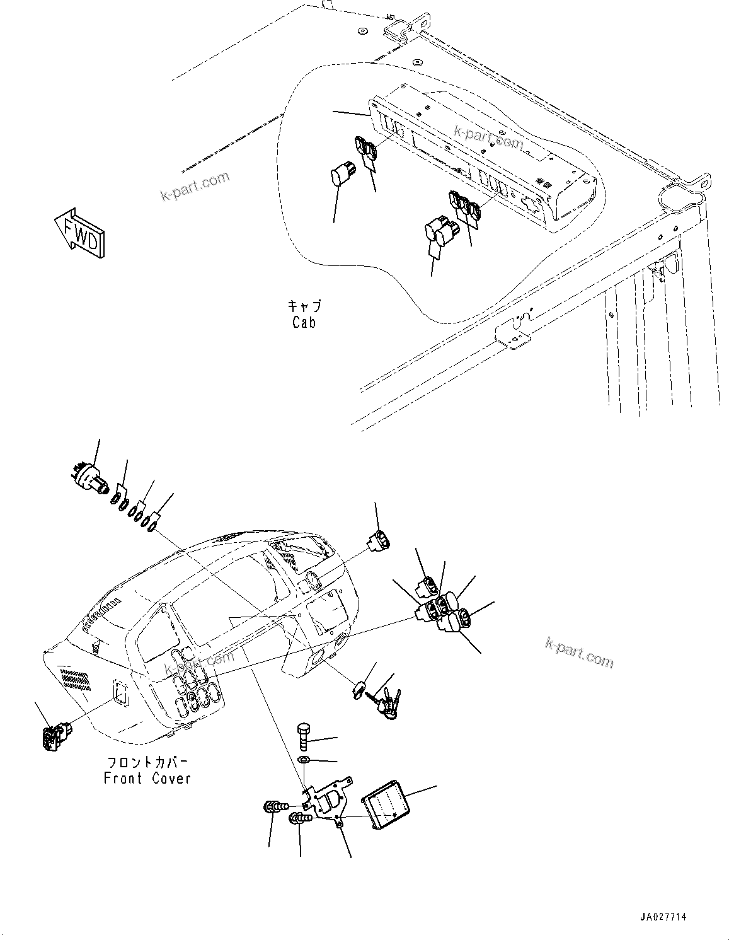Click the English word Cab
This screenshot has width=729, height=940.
tap(304, 323)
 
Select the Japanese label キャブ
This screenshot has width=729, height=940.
tap(304, 306)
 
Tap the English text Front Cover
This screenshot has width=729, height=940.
tap(147, 779)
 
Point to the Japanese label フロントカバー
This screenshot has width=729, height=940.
tap(147, 763)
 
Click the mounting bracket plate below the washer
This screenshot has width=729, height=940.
tap(328, 800)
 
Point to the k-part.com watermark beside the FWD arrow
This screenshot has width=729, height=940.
tap(195, 187)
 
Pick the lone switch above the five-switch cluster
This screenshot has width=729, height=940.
tap(378, 540)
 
